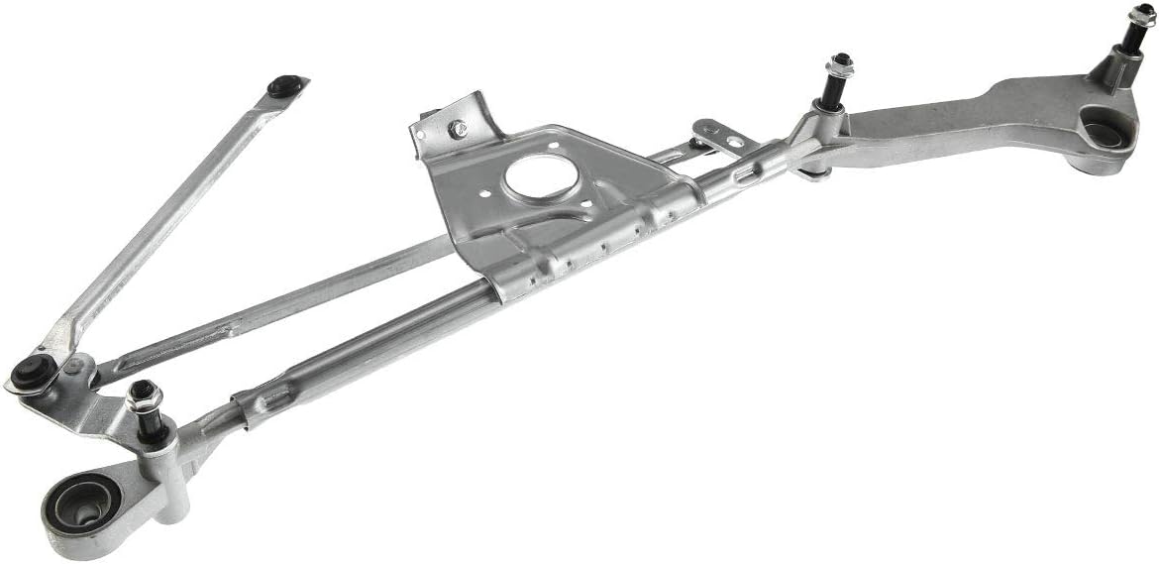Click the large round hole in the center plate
(540, 176)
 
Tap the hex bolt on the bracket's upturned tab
(457, 129)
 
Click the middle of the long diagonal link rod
(163, 218)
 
